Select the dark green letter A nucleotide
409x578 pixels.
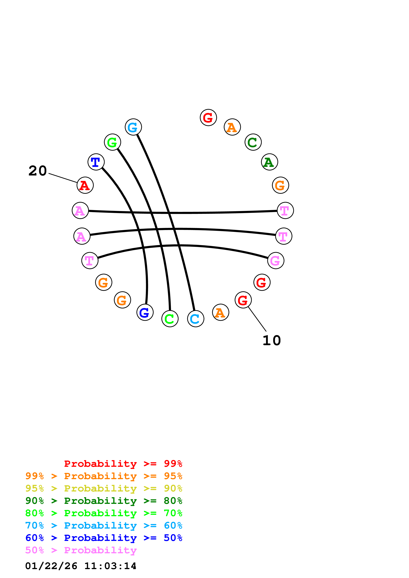pos(269,162)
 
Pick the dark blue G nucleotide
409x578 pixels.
pos(145,312)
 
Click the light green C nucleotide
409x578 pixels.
pos(170,319)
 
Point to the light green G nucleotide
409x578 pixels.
pos(112,142)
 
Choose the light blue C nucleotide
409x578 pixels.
pos(196,319)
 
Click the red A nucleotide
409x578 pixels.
pos(85,185)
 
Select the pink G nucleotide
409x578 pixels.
pos(276,260)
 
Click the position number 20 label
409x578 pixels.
pos(38,171)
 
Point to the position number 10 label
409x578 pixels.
pos(272,341)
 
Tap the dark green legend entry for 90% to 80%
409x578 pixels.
pos(104,501)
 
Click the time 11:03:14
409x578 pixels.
pos(110,566)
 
